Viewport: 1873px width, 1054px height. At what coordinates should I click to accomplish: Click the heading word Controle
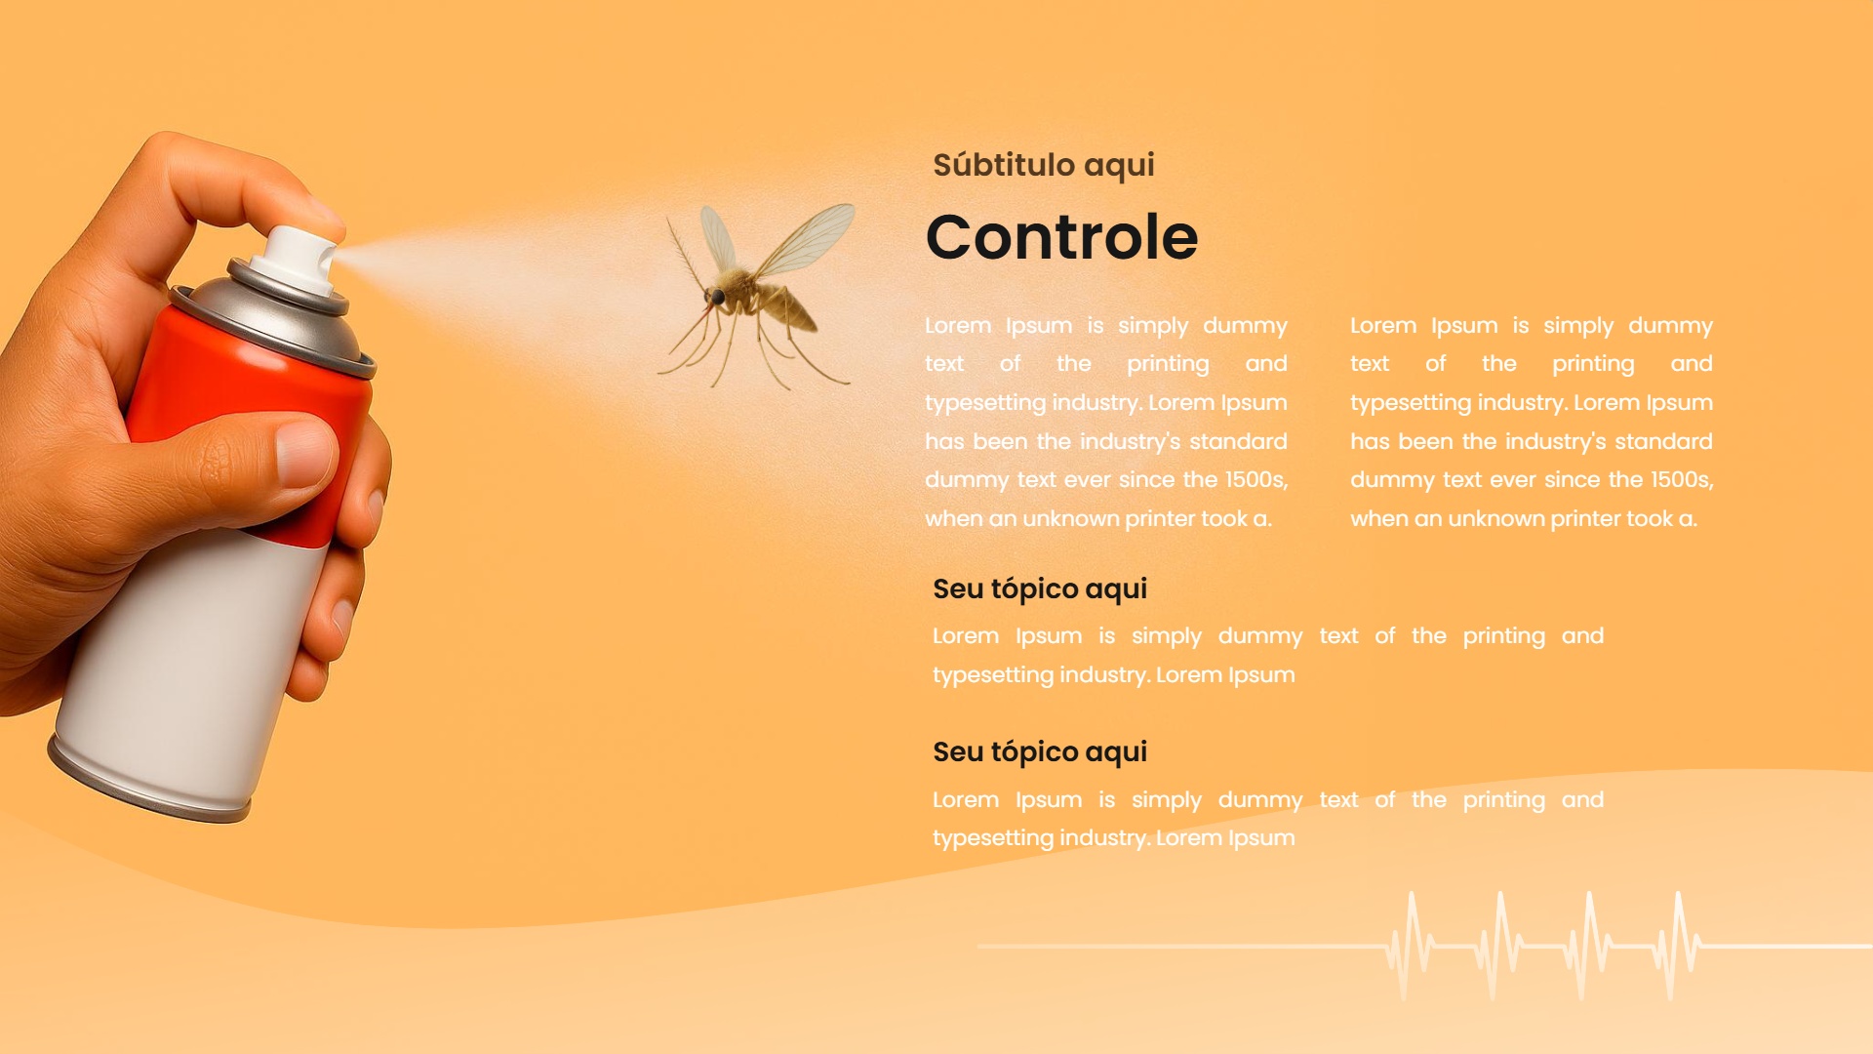click(x=1061, y=237)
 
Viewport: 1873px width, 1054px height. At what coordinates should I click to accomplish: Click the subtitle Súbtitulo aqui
click(x=1043, y=165)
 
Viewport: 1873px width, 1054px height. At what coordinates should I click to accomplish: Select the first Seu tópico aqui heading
click(x=1040, y=589)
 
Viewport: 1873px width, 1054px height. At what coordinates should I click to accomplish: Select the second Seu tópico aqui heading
click(x=1040, y=752)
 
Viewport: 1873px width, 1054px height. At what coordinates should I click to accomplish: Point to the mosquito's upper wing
click(x=806, y=239)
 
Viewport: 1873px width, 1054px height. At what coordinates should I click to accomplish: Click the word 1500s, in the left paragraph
click(x=1256, y=480)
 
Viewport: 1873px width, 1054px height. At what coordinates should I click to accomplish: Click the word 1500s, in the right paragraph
click(x=1682, y=480)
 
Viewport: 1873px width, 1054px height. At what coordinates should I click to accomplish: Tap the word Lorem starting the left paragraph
click(x=958, y=326)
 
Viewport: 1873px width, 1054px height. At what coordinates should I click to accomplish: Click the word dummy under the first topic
click(x=1260, y=637)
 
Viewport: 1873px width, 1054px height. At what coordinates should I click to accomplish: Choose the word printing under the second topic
click(x=1504, y=801)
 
